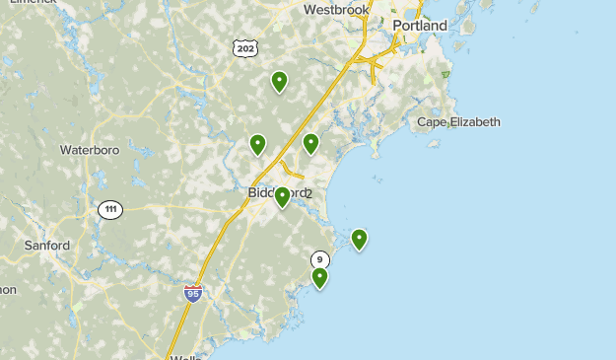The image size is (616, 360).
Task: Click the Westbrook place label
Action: pos(336,10)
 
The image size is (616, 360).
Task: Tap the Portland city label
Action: pos(420,26)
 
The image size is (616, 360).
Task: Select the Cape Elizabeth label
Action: pos(458,122)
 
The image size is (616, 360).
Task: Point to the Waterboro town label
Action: pos(90,150)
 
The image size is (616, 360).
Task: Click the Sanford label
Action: pos(47,245)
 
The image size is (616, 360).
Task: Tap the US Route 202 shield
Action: pos(245,47)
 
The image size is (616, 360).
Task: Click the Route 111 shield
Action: pos(110,209)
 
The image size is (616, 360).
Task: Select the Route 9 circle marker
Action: pos(319,259)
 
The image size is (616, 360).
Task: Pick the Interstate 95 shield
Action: pos(193,293)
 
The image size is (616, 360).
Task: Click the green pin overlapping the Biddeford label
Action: pos(283,196)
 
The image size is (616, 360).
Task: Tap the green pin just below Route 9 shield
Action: pos(320,277)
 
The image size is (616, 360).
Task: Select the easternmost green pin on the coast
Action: pos(360,238)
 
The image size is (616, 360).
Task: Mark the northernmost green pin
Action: pos(280,81)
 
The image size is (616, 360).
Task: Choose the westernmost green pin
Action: pos(258,144)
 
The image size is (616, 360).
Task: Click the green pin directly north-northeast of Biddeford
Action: pos(311,143)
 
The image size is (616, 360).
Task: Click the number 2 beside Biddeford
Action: pos(308,193)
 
